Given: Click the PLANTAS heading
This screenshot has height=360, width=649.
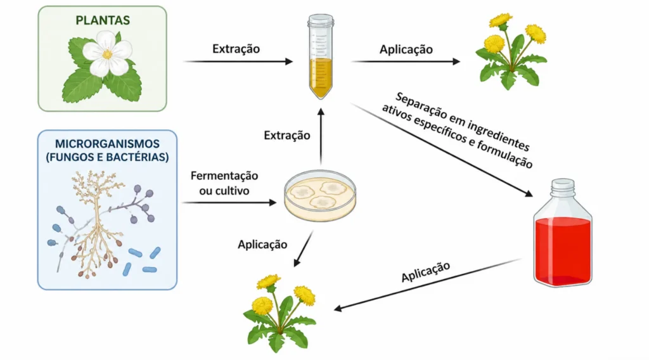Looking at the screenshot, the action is [x=103, y=20].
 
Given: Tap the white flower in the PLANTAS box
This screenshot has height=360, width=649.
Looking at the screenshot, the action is [x=107, y=54].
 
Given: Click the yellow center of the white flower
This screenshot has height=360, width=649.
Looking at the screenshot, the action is [x=107, y=55].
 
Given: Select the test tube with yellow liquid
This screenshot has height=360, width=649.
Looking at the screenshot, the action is [x=321, y=56].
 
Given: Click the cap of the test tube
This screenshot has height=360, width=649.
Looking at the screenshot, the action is [x=321, y=20].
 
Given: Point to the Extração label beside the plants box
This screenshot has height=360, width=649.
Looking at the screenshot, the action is [x=236, y=49].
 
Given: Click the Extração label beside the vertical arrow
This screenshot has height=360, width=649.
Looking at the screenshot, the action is [x=287, y=135].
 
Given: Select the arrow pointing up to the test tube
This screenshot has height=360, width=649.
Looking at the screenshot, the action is [x=321, y=137].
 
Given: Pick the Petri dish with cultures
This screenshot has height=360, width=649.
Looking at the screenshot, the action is [x=320, y=195].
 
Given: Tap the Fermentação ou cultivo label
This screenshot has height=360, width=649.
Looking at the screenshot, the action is [x=224, y=183].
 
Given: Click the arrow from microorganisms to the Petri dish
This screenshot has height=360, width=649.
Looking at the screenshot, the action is [x=229, y=202].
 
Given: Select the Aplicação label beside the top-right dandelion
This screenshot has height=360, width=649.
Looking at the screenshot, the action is [x=406, y=49].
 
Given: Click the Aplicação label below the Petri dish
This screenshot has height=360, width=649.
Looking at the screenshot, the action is [x=262, y=245].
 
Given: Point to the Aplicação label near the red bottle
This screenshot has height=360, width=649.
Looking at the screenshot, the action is [x=425, y=272].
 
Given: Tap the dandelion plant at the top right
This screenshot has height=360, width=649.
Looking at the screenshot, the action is [x=511, y=52].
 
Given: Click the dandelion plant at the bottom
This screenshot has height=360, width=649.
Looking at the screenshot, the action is [x=280, y=313].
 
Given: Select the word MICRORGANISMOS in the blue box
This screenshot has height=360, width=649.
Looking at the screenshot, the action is [x=107, y=144].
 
